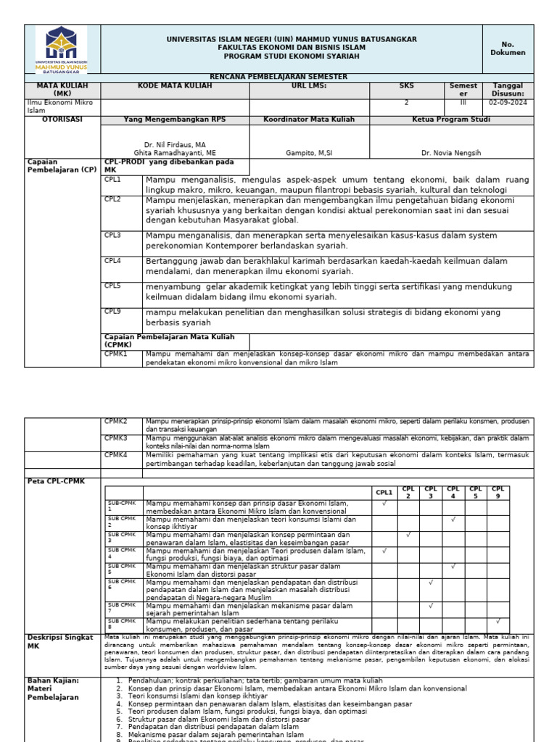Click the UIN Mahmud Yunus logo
coord(62,49)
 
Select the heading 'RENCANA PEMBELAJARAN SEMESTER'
coord(278,77)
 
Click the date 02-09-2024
coord(508,103)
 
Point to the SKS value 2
coord(406,103)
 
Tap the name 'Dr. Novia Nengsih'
coord(450,154)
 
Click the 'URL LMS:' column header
coord(309,86)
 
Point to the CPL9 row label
coord(112,312)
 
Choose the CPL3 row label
coord(112,235)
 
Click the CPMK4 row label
coord(115,455)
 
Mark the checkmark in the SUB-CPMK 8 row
coord(498,621)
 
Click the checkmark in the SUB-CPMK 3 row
coord(408,535)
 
